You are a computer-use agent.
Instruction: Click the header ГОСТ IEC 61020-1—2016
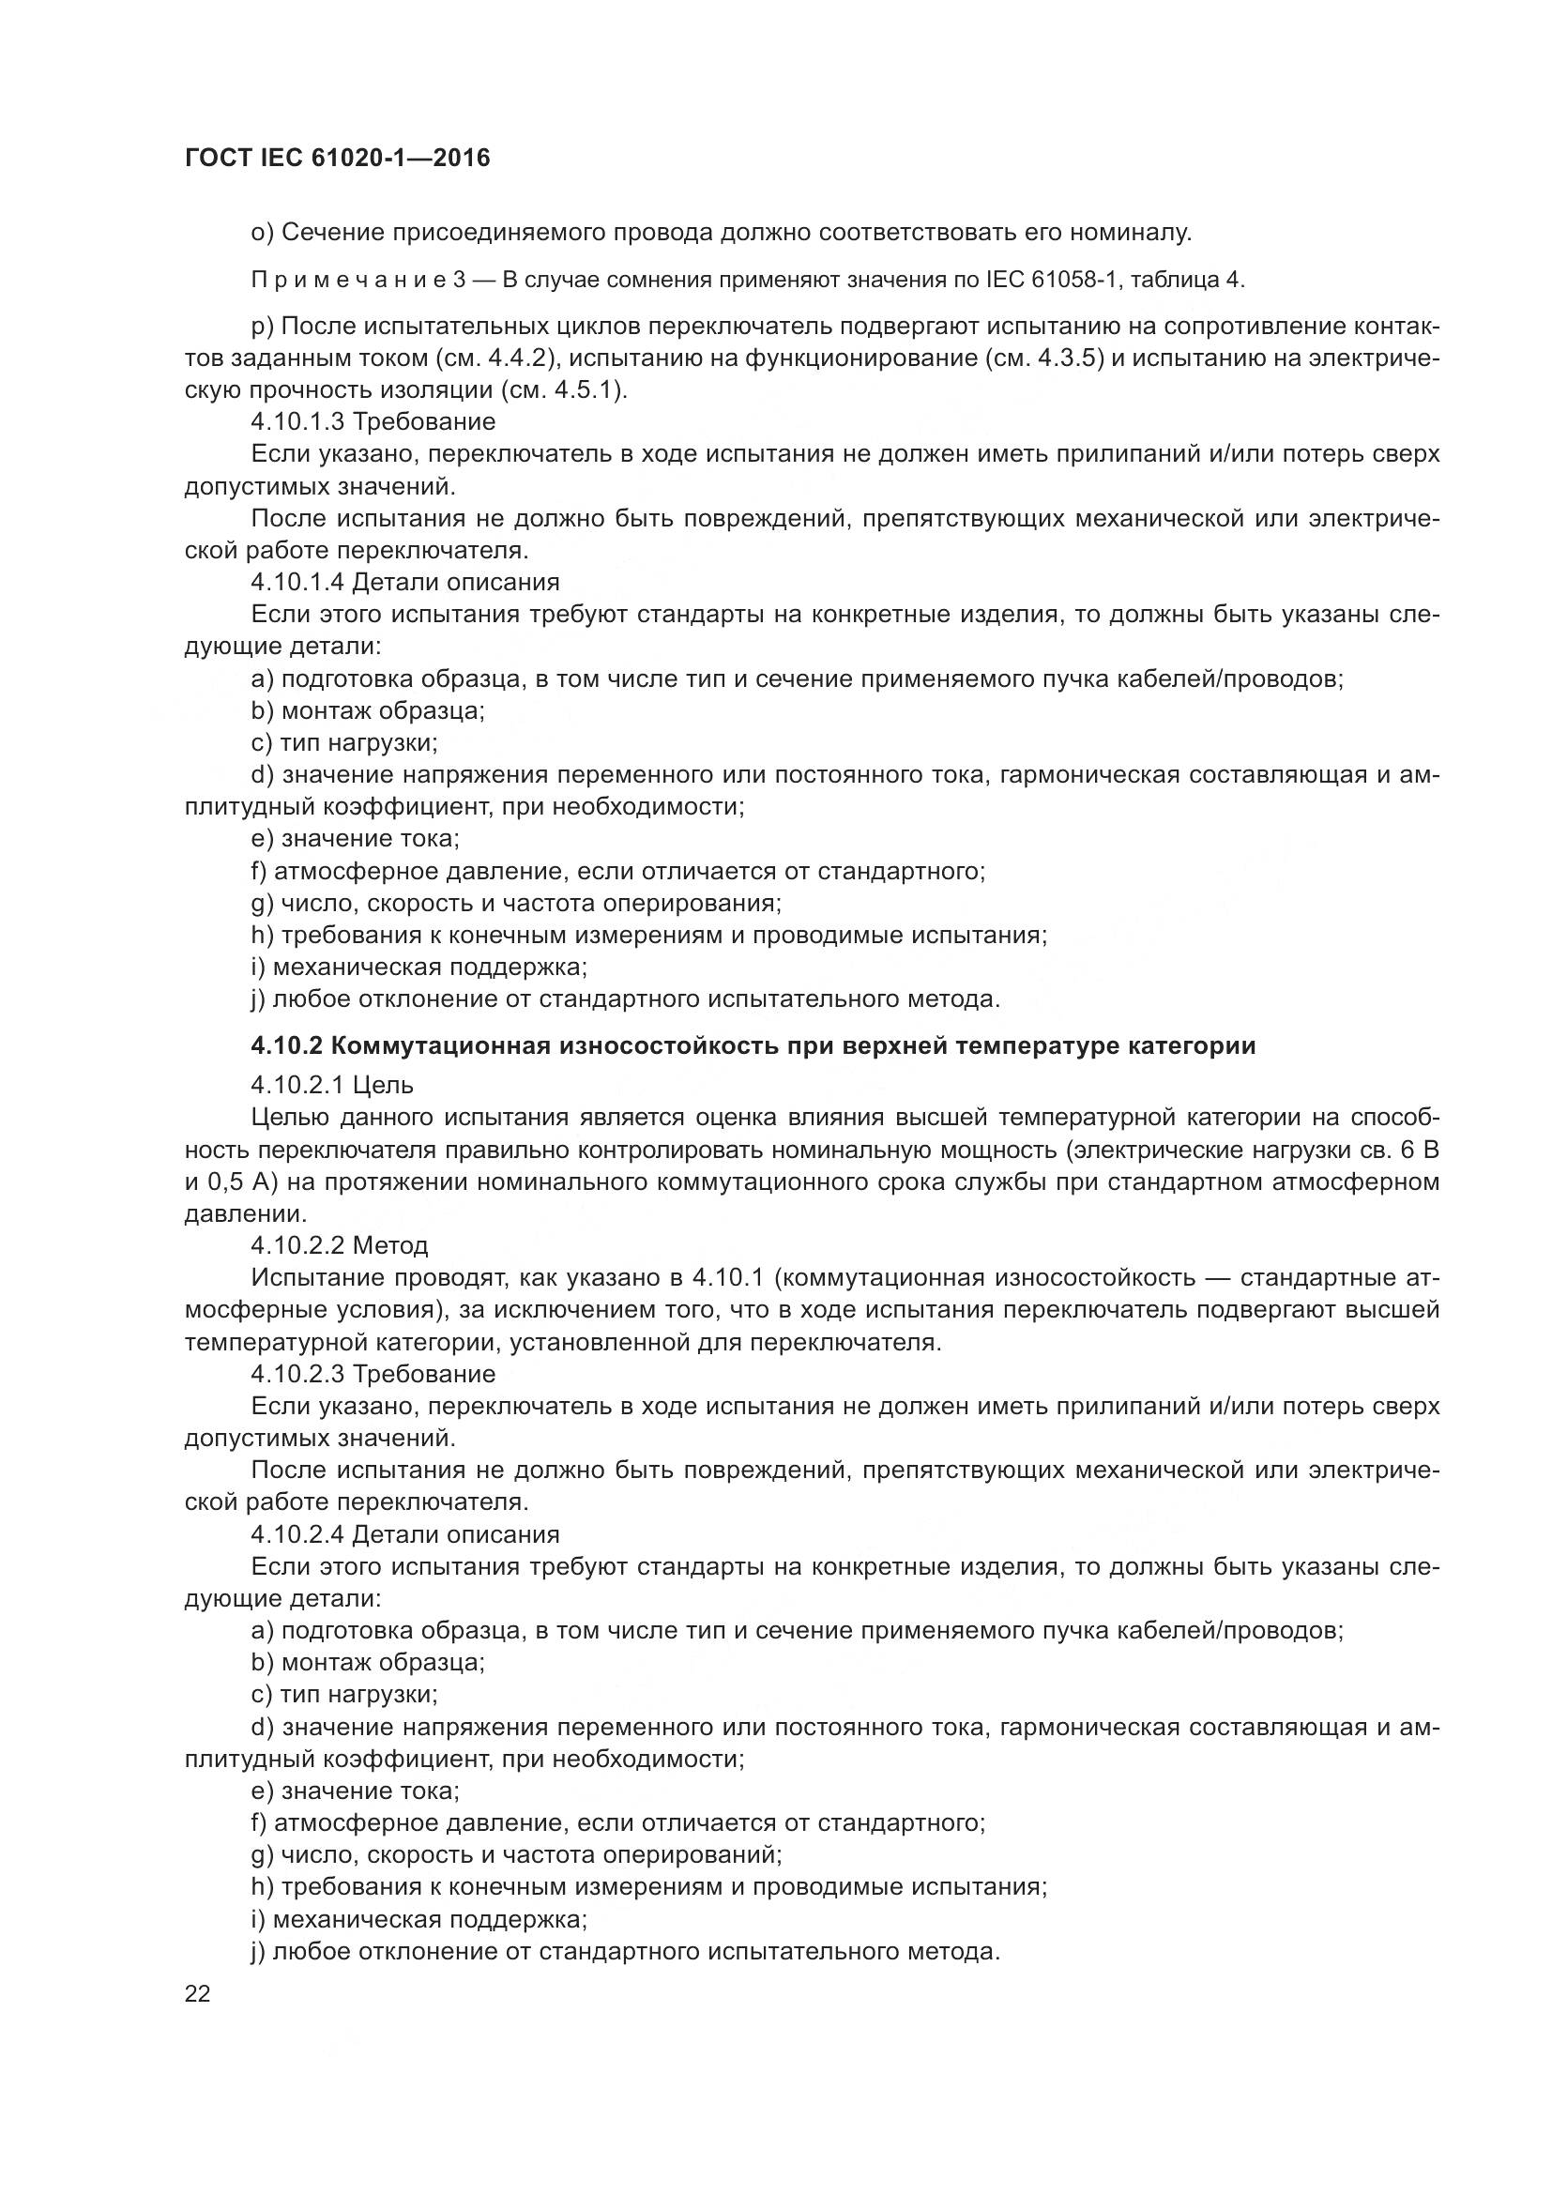(x=338, y=159)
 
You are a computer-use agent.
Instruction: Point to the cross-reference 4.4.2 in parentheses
(x=516, y=358)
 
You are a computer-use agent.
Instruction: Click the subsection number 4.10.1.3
(x=297, y=421)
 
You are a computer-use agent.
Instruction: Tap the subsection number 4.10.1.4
(x=297, y=582)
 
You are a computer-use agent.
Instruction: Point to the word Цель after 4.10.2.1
(x=382, y=1085)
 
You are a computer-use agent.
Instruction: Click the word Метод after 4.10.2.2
(x=390, y=1245)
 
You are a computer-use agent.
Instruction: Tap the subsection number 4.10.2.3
(x=297, y=1374)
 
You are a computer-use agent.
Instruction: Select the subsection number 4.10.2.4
(x=297, y=1534)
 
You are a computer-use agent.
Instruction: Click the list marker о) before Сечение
(x=263, y=233)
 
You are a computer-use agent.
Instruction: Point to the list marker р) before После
(x=263, y=327)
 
